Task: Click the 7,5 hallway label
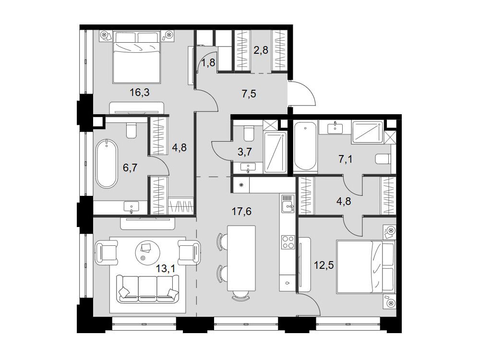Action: [x=249, y=94]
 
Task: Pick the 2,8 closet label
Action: [x=261, y=49]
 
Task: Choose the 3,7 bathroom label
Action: [x=245, y=151]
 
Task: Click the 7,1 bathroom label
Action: [x=345, y=159]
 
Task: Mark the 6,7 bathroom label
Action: [x=130, y=168]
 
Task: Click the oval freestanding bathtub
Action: [x=106, y=164]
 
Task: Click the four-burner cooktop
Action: [x=288, y=242]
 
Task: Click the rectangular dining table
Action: [x=241, y=258]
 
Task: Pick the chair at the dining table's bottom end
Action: [x=241, y=295]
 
